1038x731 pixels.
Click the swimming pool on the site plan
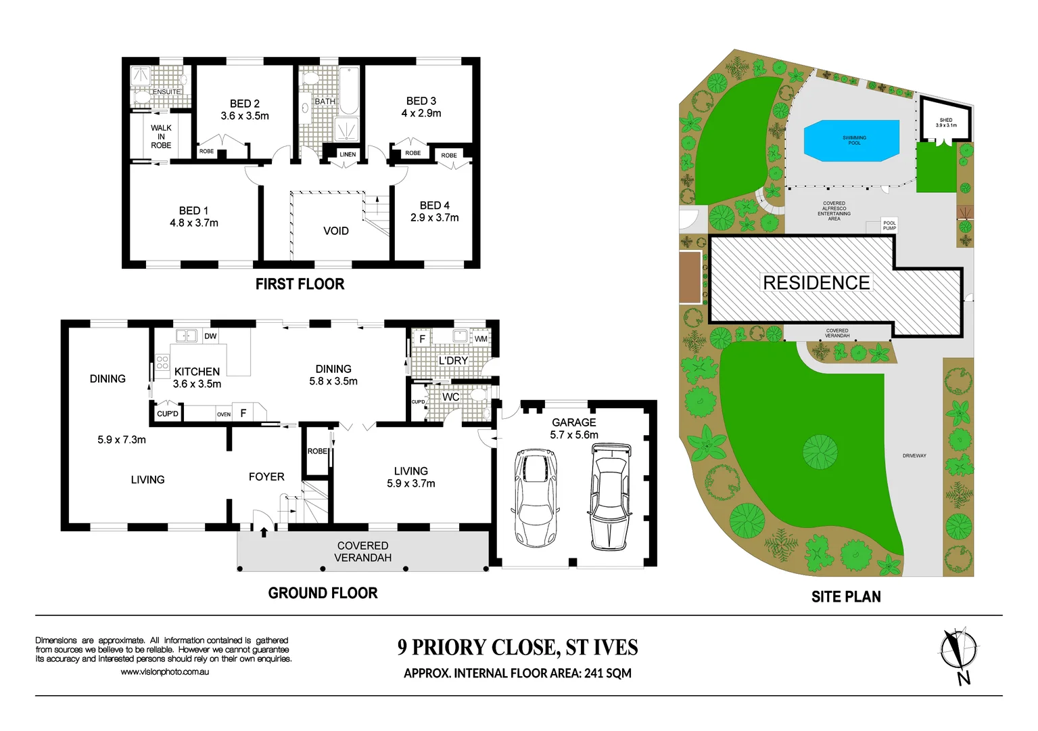point(852,141)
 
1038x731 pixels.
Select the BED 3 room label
point(421,101)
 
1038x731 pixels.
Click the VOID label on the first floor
point(335,231)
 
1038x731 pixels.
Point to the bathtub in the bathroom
point(349,90)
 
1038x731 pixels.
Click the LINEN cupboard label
point(348,154)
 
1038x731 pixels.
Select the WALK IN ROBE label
point(161,136)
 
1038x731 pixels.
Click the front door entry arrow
point(264,532)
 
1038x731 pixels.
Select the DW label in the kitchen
point(210,336)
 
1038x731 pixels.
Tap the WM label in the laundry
point(481,338)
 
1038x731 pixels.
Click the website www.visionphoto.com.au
point(164,672)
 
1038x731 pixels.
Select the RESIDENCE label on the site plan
point(816,282)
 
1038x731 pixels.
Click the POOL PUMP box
point(889,225)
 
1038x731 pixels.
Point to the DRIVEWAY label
point(914,456)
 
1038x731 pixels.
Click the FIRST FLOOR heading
point(300,284)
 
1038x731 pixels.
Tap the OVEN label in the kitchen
point(224,414)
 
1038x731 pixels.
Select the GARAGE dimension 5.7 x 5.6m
point(573,435)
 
